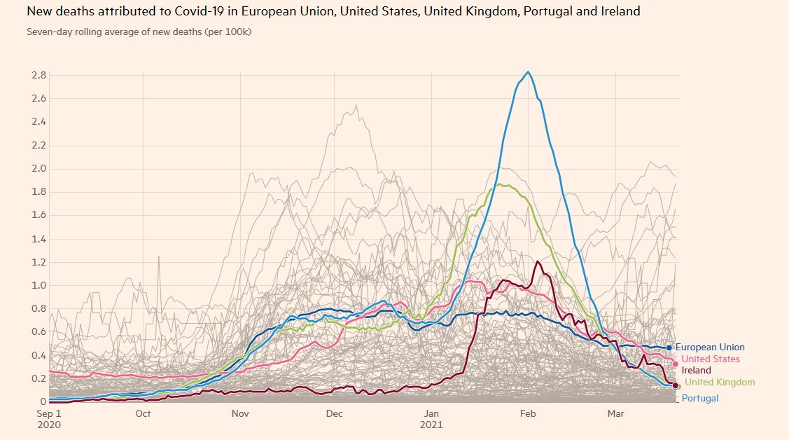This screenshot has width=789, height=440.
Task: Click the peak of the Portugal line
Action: [x=528, y=72]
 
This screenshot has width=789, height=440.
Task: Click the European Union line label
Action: [x=710, y=348]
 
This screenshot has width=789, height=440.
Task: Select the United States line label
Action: [x=711, y=359]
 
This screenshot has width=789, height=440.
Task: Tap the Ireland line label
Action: [x=696, y=371]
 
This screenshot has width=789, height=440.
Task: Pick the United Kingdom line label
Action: [x=720, y=383]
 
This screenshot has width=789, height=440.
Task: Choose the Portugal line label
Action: [x=699, y=399]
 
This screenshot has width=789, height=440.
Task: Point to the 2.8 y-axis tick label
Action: [x=39, y=75]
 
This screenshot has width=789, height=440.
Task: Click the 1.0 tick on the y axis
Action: [x=39, y=285]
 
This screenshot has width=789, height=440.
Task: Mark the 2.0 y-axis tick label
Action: [x=39, y=168]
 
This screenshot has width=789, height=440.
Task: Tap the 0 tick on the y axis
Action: [x=43, y=402]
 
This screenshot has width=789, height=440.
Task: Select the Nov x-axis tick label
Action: [x=240, y=414]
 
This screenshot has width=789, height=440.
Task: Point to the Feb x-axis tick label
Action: [x=527, y=414]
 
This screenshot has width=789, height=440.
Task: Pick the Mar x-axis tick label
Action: [x=615, y=414]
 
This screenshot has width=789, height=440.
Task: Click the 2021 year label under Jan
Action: [x=432, y=425]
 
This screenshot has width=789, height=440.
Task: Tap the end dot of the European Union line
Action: [x=669, y=348]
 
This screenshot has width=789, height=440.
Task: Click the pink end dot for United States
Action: [x=675, y=364]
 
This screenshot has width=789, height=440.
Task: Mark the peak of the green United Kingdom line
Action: [x=498, y=184]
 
